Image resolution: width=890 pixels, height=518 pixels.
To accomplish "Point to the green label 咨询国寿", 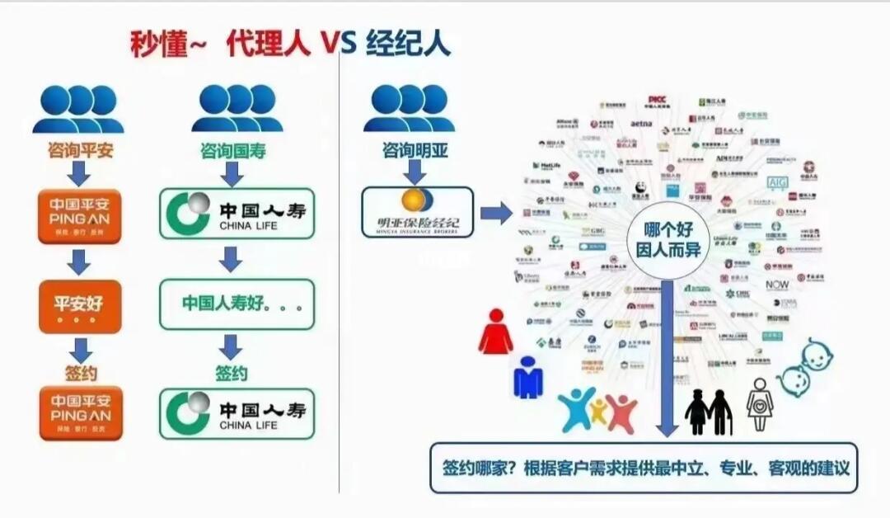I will point(233,151).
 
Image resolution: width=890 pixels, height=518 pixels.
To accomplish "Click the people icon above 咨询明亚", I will point(410,108).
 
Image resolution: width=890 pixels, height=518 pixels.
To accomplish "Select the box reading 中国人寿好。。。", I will point(237,304).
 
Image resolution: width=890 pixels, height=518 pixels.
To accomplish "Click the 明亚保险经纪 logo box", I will point(417,212).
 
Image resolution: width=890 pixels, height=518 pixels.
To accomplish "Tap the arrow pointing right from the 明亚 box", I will point(496,214).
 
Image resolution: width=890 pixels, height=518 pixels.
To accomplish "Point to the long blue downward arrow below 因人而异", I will point(667,355).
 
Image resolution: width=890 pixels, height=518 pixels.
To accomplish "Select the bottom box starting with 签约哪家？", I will point(644,467).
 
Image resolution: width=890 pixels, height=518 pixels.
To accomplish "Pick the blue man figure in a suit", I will point(527,378).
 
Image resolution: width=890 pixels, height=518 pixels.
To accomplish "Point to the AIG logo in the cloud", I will point(778,182).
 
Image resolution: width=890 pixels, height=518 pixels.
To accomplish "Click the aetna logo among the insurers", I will point(642,124).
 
